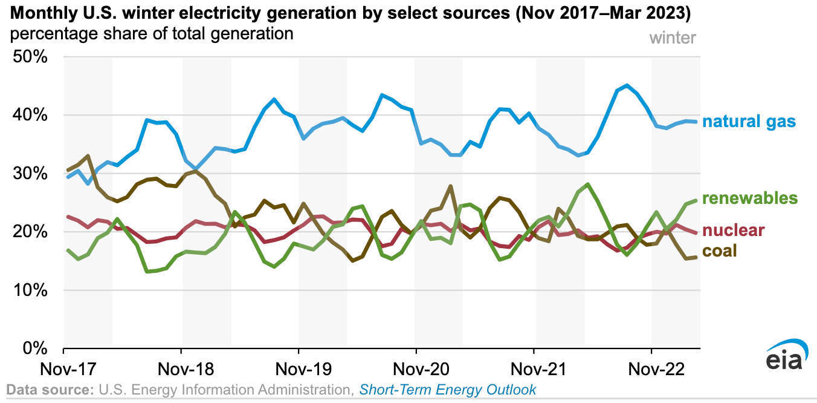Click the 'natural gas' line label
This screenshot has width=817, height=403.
tap(749, 122)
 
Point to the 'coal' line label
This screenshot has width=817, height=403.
tap(723, 251)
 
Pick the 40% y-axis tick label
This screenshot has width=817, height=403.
tap(30, 115)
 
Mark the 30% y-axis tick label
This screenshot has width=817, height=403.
tap(30, 174)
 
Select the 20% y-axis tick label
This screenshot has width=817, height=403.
tap(30, 232)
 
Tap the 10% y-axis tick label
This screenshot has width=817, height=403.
tap(30, 290)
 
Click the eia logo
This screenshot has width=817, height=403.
tap(783, 358)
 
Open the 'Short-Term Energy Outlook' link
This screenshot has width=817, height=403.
tap(447, 389)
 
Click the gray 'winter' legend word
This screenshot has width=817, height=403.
tap(673, 38)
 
